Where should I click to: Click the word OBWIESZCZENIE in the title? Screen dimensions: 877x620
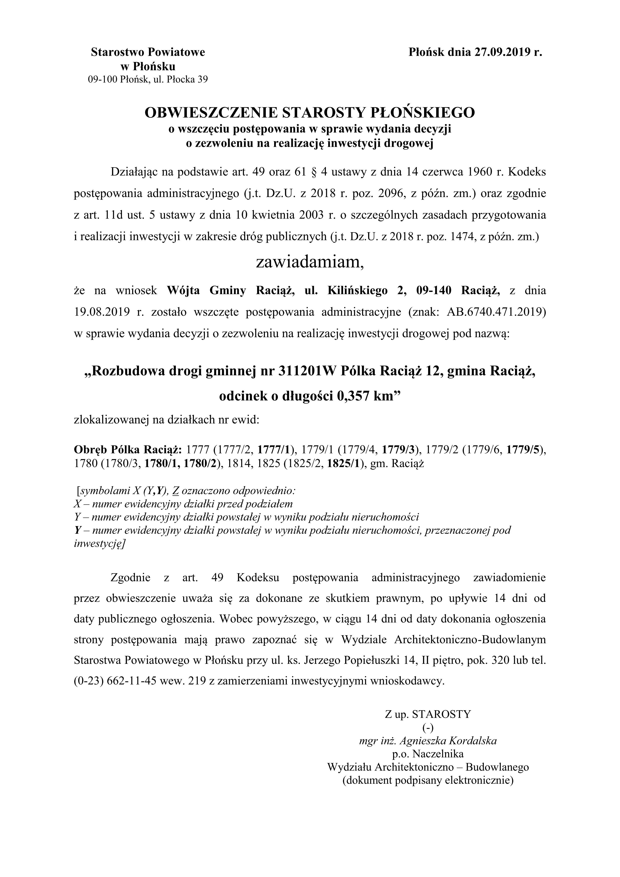coord(210,113)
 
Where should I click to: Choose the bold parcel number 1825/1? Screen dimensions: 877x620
coord(344,464)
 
